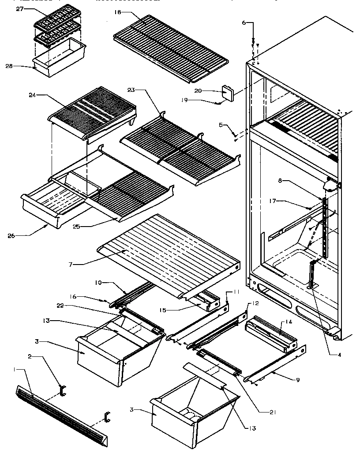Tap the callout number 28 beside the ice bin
(x=9, y=66)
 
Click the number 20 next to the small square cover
(x=211, y=91)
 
